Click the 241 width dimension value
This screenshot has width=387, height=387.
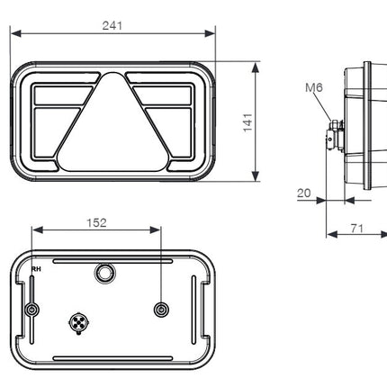coord(112,26)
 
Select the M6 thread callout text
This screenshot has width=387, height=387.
coord(314,87)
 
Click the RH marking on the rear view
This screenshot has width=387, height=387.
coord(36,268)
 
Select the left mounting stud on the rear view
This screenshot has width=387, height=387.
coord(32,310)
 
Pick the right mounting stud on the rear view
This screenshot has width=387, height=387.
coord(161,310)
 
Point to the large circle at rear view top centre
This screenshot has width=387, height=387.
coord(105,272)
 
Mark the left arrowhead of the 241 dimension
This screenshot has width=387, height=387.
coord(15,35)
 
